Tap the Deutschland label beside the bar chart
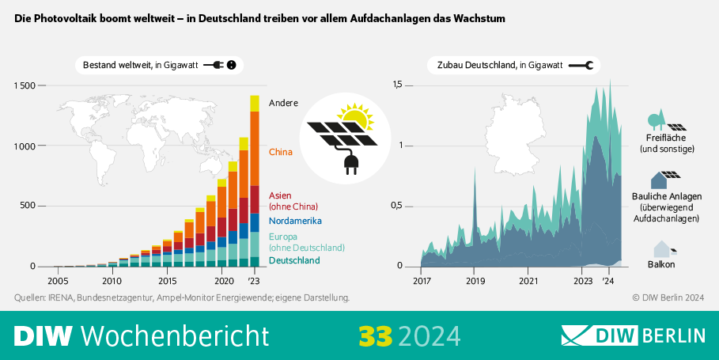294,260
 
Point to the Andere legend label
283,103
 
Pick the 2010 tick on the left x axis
112,281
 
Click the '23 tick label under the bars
254,281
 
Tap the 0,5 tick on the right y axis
403,206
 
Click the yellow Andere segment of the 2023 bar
255,103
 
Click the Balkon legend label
661,264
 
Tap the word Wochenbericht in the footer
175,335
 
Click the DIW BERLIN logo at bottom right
633,335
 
